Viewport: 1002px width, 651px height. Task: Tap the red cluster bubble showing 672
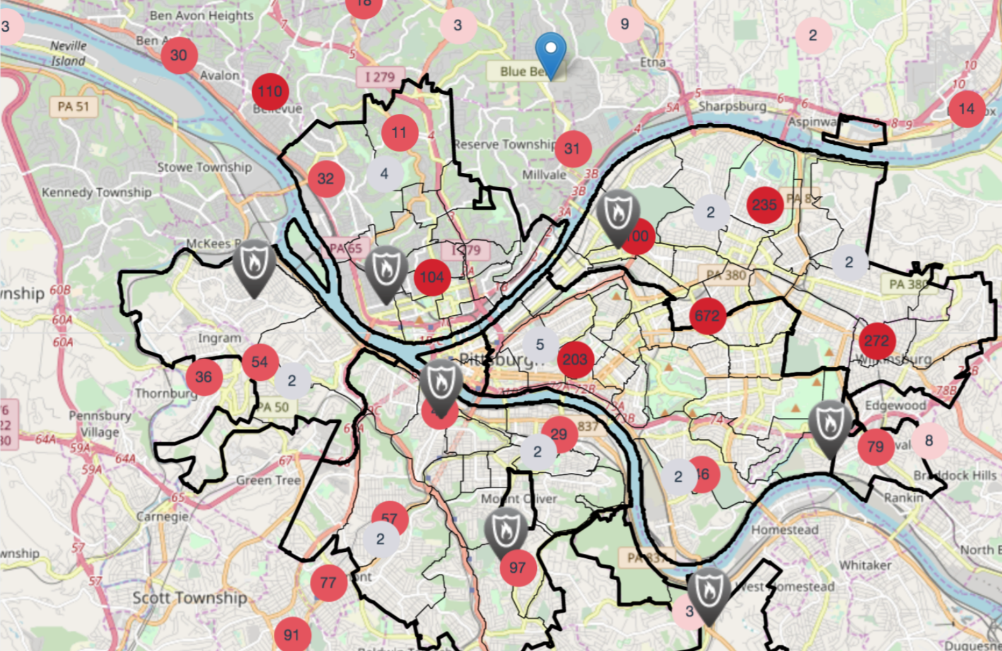(x=707, y=315)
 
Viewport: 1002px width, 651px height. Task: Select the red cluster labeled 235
(x=764, y=205)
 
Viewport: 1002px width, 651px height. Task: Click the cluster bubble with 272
(x=876, y=341)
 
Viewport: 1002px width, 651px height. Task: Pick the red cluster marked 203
(x=575, y=359)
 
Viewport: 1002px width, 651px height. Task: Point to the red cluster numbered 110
(x=270, y=92)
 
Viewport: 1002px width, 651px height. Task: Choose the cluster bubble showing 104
(x=432, y=277)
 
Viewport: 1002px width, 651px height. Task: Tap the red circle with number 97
(x=517, y=568)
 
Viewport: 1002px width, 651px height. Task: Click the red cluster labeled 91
(x=292, y=635)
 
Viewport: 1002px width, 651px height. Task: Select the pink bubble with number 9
(x=625, y=24)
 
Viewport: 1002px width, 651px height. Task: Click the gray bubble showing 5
(x=539, y=345)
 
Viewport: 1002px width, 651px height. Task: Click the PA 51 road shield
(x=74, y=107)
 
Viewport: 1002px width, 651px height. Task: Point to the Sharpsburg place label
(x=732, y=106)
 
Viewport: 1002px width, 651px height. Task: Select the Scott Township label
(x=189, y=597)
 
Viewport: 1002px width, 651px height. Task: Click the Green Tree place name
(x=268, y=481)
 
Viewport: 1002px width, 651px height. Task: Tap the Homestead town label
(x=785, y=530)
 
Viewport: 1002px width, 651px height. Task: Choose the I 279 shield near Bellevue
(x=380, y=77)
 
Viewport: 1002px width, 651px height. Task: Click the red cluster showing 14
(x=967, y=109)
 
